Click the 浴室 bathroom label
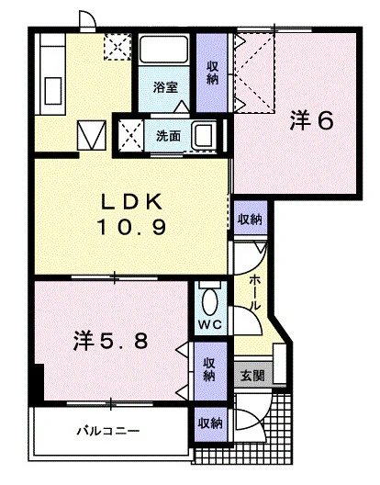pos(165,87)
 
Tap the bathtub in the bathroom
pos(163,50)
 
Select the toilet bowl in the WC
pos(210,301)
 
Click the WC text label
pos(210,324)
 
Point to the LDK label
pos(132,202)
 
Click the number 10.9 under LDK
pos(132,228)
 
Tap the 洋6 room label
pos(312,120)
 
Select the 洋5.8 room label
pos(110,341)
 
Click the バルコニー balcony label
pos(108,431)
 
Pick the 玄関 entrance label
pos(252,376)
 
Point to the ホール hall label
pos(254,293)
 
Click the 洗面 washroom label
pos(168,136)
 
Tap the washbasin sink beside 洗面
pos(205,135)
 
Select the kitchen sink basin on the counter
pos(53,91)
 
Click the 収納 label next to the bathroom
pos(212,73)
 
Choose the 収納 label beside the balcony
pos(210,423)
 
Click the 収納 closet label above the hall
pos(250,219)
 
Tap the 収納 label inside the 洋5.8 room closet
pos(209,369)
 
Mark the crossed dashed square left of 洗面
pos(131,135)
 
